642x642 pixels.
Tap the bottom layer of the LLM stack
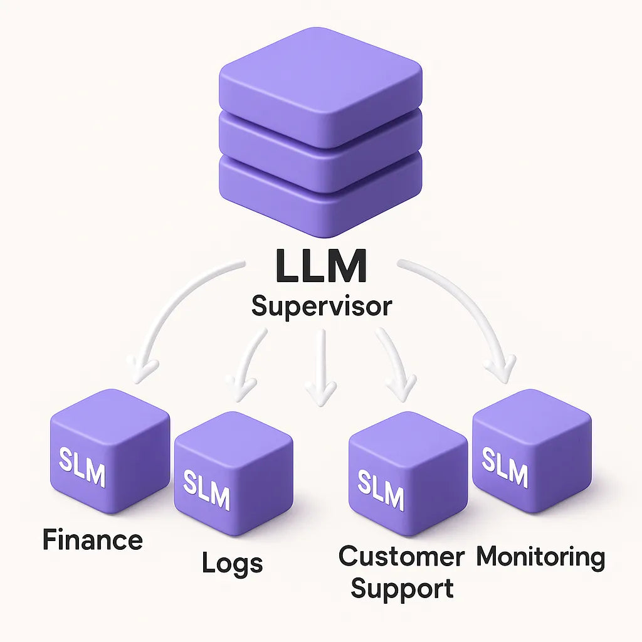coord(320,188)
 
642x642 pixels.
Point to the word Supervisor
coord(321,307)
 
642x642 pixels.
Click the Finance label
coord(92,540)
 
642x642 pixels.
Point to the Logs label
coord(232,563)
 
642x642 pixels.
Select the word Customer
coord(401,556)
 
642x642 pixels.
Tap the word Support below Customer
coord(402,589)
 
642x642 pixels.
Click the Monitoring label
coord(540,557)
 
